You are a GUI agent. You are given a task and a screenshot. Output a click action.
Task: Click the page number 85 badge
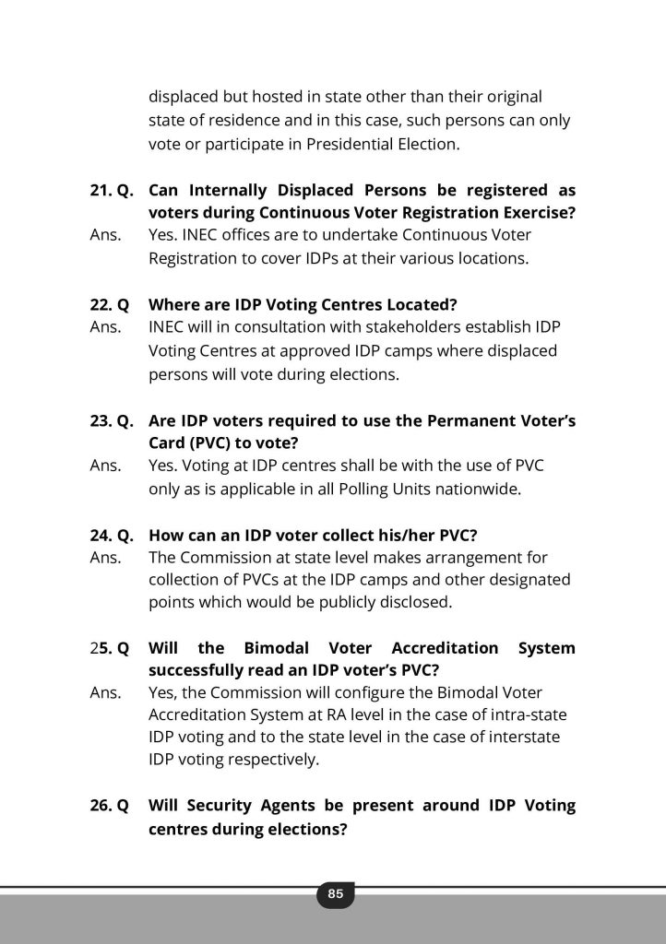[335, 893]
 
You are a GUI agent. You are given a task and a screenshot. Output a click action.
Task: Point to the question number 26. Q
[110, 805]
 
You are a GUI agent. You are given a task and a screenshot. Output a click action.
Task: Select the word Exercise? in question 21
[532, 213]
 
